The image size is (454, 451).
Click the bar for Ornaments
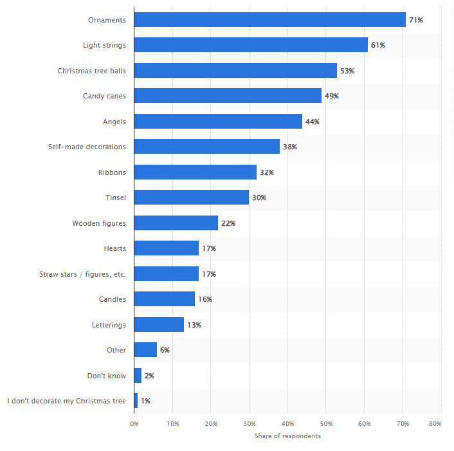tap(270, 20)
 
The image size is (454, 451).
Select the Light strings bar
tap(251, 45)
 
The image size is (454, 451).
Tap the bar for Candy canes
tap(228, 96)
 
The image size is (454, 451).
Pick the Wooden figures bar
tap(176, 223)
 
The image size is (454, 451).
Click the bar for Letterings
tap(159, 325)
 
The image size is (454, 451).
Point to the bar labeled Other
tap(145, 350)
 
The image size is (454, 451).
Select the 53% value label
tap(347, 71)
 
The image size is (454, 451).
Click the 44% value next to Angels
tap(313, 122)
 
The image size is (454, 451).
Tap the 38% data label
tap(289, 147)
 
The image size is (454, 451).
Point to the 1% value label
tap(146, 401)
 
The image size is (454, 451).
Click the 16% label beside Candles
tap(205, 299)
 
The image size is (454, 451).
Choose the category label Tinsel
tap(115, 198)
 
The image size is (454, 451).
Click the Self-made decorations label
tap(87, 147)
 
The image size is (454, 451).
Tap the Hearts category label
tap(114, 248)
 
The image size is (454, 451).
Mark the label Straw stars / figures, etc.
tap(82, 274)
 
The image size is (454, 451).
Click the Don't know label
tap(107, 376)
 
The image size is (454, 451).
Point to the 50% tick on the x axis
tap(326, 423)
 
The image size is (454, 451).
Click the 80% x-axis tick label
tap(435, 423)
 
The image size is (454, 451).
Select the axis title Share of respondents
tap(287, 436)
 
